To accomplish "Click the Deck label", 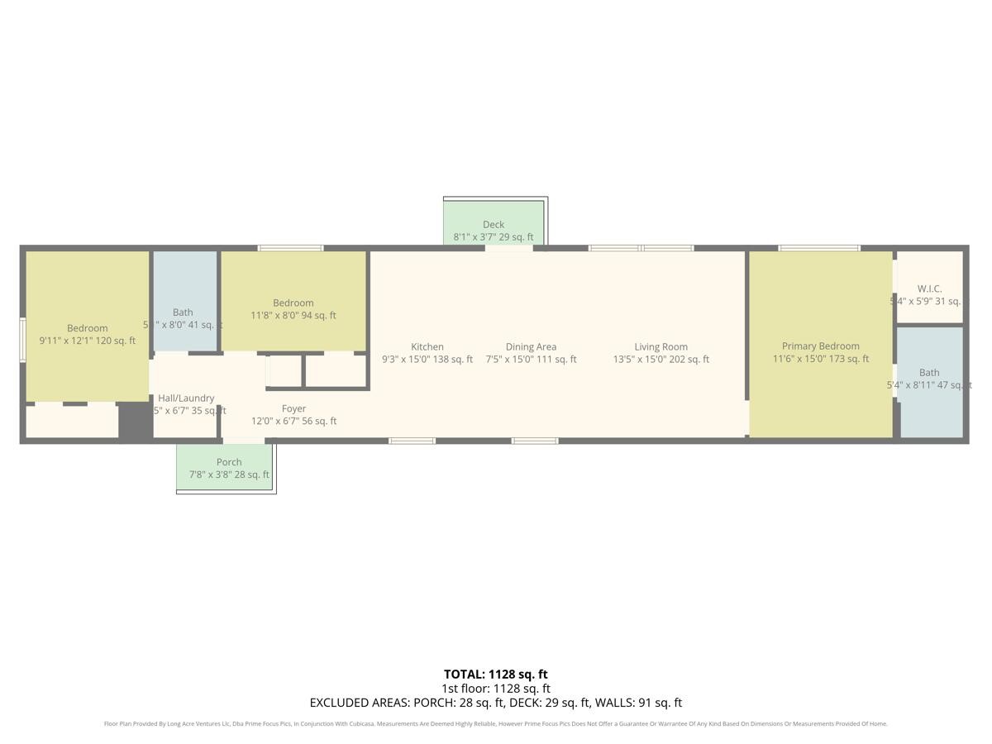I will point(494,225).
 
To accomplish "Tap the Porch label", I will point(229,462).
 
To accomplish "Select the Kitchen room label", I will point(427,347).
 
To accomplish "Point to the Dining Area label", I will point(531,347).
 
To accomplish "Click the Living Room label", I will point(661,347).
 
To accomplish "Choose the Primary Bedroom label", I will point(820,346).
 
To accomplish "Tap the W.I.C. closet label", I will point(929,289).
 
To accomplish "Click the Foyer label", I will point(293,408).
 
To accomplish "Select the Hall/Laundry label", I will point(186,398).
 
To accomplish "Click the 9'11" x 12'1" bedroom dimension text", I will point(88,341).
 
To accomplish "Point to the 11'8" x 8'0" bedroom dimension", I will point(293,315).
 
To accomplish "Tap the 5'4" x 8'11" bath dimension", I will point(929,385).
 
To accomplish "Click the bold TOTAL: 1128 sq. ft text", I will point(496,675).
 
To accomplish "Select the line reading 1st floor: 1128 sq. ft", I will point(496,689).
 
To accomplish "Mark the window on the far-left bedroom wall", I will point(23,340).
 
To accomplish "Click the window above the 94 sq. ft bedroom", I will point(290,248).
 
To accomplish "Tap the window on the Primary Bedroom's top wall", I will point(819,248).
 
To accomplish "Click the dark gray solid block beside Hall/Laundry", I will point(135,421).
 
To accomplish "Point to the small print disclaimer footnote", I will point(496,724).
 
